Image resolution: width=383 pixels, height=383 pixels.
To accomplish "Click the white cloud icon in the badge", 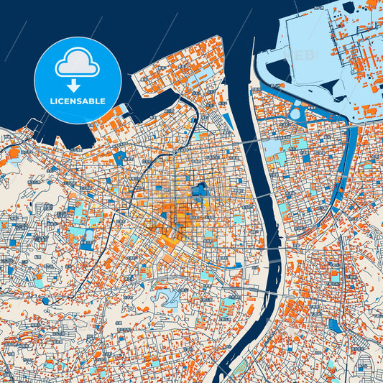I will click(x=77, y=63).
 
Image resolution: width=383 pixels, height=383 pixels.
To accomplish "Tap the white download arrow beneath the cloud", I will click(x=77, y=86).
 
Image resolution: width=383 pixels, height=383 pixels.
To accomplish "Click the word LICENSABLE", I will click(x=77, y=101).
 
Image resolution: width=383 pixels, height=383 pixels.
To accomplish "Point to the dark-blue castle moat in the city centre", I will click(x=199, y=190).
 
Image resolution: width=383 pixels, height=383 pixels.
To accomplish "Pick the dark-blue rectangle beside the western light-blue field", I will click(x=90, y=236).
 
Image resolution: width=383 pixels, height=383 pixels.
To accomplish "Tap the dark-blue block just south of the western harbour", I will click(x=119, y=156).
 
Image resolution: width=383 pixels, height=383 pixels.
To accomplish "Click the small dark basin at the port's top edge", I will click(x=349, y=8).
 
